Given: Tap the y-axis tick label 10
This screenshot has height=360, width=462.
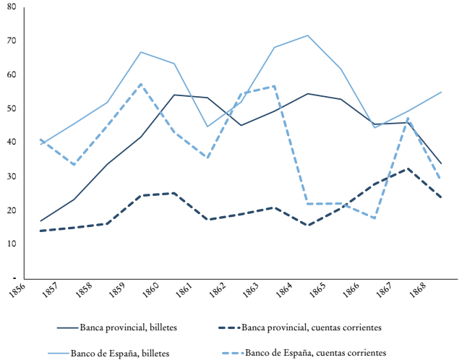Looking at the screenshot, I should [x=12, y=244].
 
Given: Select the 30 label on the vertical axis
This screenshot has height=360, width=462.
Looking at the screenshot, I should [x=12, y=176].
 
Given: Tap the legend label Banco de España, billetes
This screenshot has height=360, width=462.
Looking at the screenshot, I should [x=119, y=353].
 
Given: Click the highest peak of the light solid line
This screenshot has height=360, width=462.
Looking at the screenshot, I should [x=309, y=35].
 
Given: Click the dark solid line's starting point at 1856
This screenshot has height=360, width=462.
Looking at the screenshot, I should [x=41, y=220].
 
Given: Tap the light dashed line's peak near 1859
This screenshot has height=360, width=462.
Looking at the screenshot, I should [x=141, y=84].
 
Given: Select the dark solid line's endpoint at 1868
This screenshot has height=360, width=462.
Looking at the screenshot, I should [x=441, y=163].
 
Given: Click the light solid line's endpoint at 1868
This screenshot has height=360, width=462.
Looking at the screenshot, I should [x=441, y=92].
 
